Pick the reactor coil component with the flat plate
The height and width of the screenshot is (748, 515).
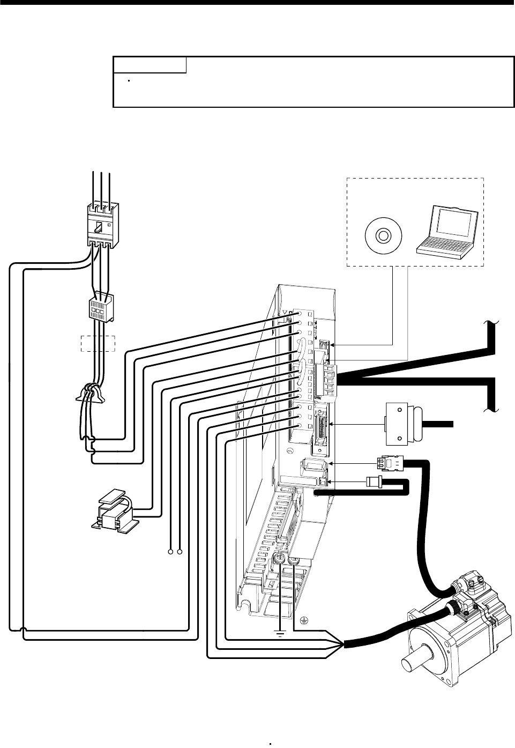[115, 513]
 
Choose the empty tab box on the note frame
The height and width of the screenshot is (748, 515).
[150, 65]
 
